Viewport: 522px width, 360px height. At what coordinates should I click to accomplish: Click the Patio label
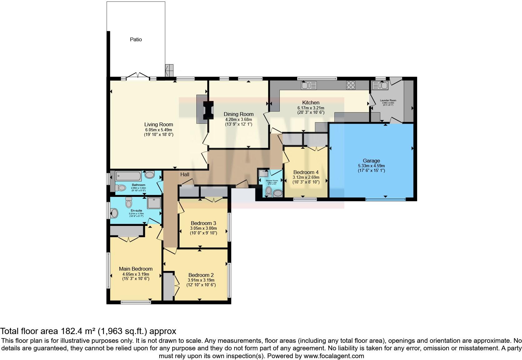(136, 39)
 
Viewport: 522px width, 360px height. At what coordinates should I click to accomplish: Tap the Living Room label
(158, 124)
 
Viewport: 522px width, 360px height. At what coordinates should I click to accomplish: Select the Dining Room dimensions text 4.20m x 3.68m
(239, 119)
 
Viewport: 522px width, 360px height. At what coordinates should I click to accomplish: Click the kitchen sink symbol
(308, 85)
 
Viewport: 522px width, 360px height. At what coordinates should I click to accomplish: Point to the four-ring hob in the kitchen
(351, 85)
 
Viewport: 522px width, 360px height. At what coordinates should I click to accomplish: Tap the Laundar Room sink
(380, 85)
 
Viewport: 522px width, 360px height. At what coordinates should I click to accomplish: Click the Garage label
(371, 161)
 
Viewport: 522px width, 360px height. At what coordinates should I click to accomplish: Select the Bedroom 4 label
(306, 172)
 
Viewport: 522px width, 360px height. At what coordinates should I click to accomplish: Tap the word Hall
(185, 174)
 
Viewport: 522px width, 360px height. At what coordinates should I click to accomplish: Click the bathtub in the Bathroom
(128, 176)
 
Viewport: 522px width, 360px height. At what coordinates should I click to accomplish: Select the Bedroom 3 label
(203, 223)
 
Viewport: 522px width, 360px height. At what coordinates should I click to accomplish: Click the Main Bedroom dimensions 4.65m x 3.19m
(135, 274)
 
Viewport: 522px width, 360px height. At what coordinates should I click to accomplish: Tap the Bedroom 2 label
(201, 275)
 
